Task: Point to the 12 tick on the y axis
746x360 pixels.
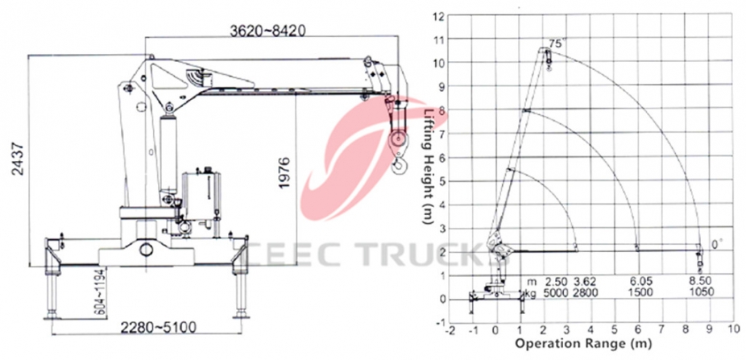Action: point(439,16)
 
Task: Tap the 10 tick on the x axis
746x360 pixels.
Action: point(733,330)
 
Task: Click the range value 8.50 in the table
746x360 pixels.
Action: point(699,283)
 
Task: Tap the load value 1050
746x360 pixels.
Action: point(699,294)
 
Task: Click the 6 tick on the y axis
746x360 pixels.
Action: point(441,158)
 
